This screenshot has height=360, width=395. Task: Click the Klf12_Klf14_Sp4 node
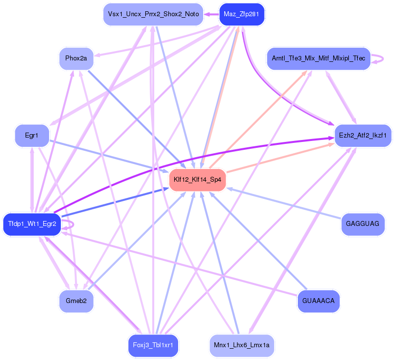[197, 180]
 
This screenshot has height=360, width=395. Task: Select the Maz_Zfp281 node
[241, 14]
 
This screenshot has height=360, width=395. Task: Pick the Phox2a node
[76, 58]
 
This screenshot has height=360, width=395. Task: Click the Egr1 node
[31, 135]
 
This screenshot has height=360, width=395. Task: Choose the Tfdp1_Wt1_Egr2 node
[32, 224]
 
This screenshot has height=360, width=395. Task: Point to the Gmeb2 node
[76, 301]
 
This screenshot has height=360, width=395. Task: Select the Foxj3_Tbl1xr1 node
[153, 345]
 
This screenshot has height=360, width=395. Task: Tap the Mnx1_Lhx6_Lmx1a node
[241, 345]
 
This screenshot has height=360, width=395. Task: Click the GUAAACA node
[318, 301]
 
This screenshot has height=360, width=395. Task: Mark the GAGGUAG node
[363, 224]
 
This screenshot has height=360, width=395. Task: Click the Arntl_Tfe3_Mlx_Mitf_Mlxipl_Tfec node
[318, 58]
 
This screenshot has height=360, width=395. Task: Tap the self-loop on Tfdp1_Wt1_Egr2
[72, 224]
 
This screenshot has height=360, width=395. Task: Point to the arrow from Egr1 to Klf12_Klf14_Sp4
[108, 155]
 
